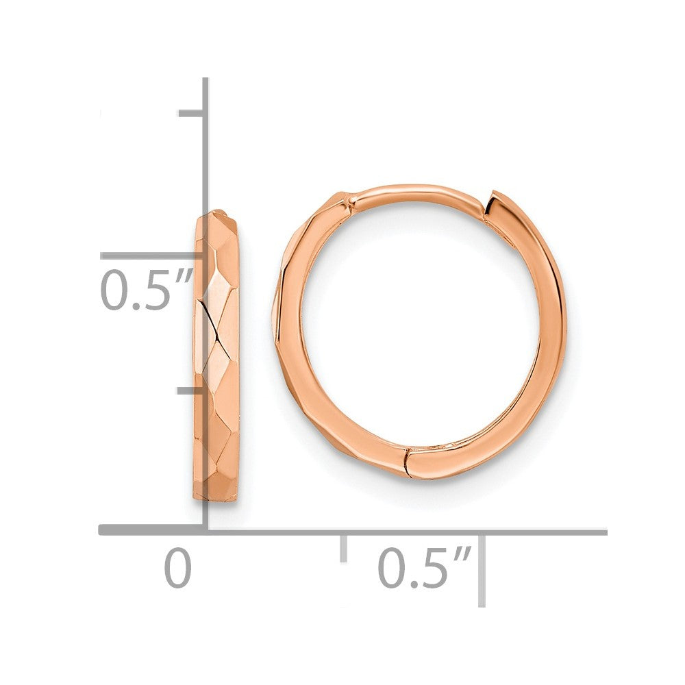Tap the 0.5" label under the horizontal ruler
click(x=423, y=568)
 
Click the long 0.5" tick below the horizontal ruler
click(x=482, y=569)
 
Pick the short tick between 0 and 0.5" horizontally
click(x=343, y=547)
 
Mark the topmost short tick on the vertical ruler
click(x=191, y=113)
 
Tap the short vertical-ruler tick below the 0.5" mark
click(x=191, y=391)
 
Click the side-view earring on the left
click(x=217, y=356)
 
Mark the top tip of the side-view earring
click(x=217, y=213)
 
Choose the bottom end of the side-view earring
click(x=216, y=499)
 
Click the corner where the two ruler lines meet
click(x=205, y=530)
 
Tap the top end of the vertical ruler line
click(x=205, y=81)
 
